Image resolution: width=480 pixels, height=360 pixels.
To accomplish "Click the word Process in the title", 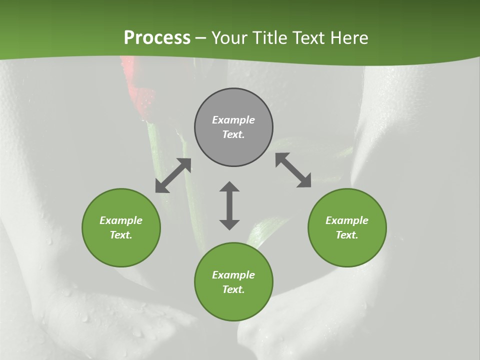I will point(157,38).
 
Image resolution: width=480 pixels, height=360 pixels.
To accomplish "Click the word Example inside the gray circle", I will point(233,120).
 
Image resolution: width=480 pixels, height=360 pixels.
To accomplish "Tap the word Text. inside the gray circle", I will point(233,134).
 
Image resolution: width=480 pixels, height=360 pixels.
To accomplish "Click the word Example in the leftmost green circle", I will point(121,220).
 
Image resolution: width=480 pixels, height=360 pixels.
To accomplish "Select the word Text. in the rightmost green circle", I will point(347,235).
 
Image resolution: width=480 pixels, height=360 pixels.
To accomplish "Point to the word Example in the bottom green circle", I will point(233,275).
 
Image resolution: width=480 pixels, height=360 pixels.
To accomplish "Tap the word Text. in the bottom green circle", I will point(233,289).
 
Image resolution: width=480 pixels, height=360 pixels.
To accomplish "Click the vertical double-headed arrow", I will point(229,205).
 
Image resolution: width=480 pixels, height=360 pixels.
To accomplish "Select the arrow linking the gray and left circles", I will point(173,175).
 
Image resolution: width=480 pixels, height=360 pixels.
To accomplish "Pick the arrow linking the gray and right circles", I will point(293,170).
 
